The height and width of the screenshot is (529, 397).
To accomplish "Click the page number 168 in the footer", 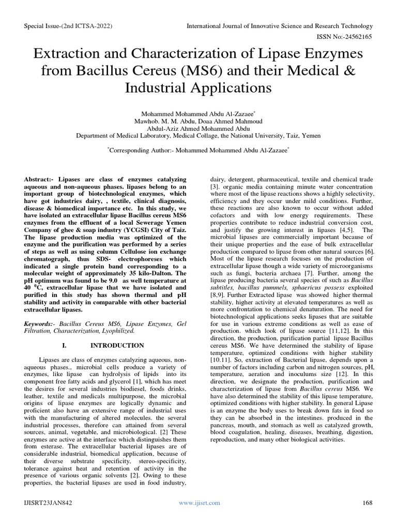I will [368, 503].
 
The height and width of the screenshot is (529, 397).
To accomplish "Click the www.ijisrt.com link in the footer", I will [199, 503].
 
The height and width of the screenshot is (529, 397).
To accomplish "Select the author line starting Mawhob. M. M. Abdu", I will [198, 121].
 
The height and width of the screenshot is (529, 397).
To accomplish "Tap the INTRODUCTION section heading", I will [117, 345].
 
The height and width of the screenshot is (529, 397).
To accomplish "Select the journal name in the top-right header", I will [279, 26].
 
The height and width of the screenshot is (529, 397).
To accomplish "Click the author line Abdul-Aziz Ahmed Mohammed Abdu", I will [198, 129].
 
